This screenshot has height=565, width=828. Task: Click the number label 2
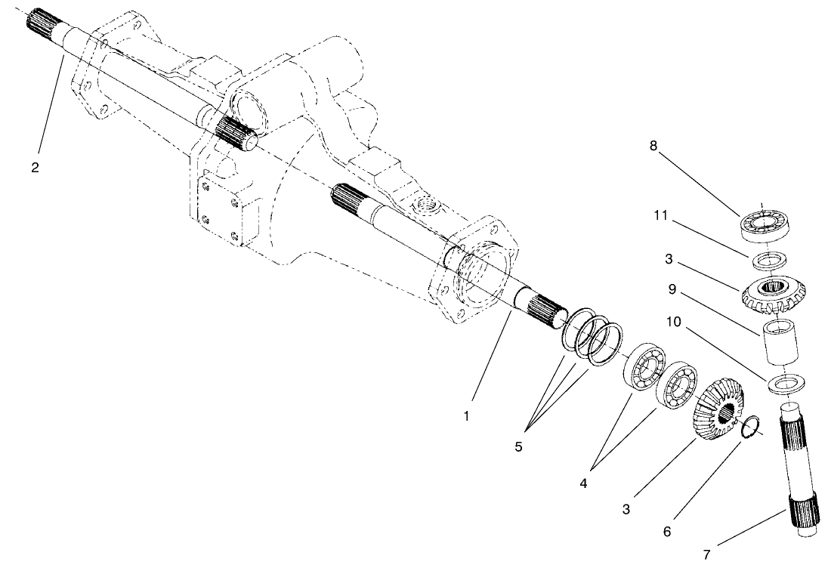click(35, 167)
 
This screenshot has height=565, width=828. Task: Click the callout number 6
click(666, 532)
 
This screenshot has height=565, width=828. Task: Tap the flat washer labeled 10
click(784, 384)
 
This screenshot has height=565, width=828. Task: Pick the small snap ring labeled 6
click(749, 428)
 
